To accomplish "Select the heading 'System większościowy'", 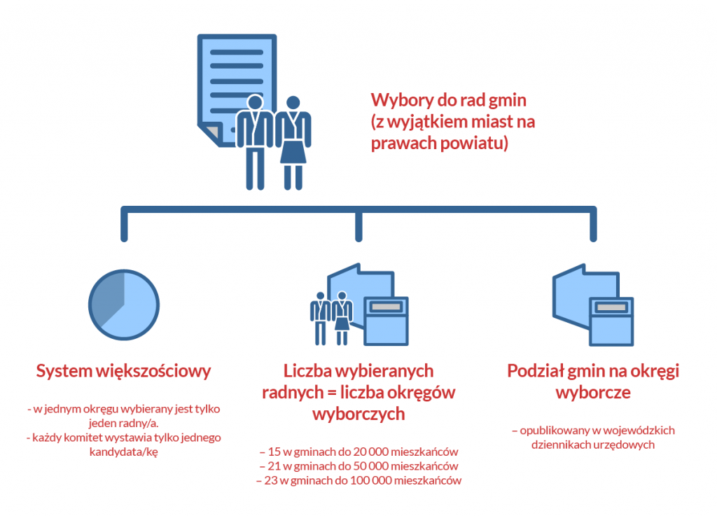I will point(123,371).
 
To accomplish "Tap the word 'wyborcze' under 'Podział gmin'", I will point(593,392).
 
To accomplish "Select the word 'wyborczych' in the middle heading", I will point(358,414).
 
